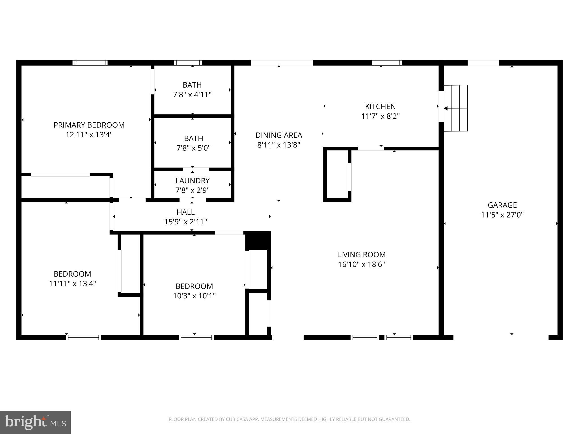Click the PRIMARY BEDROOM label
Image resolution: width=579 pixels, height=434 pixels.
[x=89, y=125]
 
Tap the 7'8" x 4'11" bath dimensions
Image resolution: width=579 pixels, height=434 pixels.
[x=192, y=95]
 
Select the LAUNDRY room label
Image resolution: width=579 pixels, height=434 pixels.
[x=193, y=181]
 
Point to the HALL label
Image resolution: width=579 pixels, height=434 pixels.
[x=185, y=212]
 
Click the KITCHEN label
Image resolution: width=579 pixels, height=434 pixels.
[x=380, y=107]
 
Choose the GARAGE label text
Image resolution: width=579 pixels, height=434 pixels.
[x=502, y=205]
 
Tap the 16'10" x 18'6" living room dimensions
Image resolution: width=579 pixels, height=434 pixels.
[x=361, y=264]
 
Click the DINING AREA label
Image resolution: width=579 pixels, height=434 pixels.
[x=279, y=135]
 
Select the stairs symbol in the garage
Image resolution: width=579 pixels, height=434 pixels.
[x=456, y=108]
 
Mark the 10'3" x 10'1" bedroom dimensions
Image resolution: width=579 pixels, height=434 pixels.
[x=194, y=296]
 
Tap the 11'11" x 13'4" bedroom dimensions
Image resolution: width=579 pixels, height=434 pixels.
[x=72, y=283]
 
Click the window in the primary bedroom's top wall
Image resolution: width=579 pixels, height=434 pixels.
[x=90, y=63]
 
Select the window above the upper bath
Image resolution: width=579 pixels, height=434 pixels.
[x=188, y=63]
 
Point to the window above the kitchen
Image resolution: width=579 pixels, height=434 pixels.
[x=386, y=63]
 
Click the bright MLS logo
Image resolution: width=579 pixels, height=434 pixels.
[x=35, y=422]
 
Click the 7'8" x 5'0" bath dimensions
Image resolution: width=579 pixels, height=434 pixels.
[x=194, y=148]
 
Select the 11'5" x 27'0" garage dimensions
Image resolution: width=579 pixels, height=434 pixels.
[x=502, y=215]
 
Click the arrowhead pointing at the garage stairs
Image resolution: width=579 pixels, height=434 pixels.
[x=446, y=108]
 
